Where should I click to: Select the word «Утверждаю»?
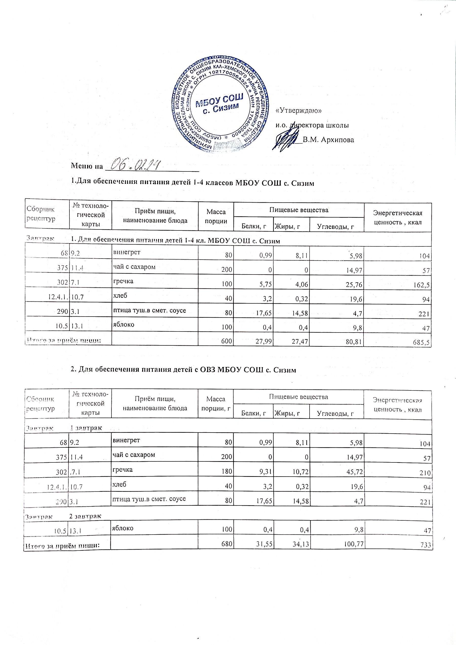pos(299,111)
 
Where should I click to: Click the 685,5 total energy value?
pos(422,343)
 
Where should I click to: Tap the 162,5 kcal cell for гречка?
pos(422,285)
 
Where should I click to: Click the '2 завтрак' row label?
pos(86,516)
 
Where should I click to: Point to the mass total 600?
pos(227,342)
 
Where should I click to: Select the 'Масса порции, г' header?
pos(216,403)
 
